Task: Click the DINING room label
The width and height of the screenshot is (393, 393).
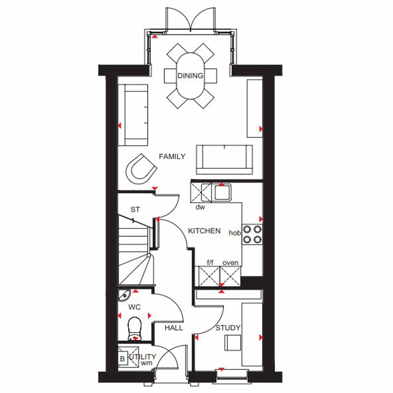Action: click(x=190, y=76)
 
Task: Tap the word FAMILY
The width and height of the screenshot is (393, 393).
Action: click(x=172, y=156)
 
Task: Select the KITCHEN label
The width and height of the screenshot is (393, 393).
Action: click(x=204, y=231)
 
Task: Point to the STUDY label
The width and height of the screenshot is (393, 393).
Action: click(x=228, y=328)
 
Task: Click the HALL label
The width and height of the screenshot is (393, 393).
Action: click(x=174, y=328)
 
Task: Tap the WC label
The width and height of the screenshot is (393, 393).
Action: click(x=134, y=307)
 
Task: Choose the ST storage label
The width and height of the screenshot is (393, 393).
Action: click(x=135, y=210)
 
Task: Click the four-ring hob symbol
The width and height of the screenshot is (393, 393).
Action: click(x=252, y=234)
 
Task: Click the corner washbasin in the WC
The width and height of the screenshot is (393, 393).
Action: click(x=124, y=295)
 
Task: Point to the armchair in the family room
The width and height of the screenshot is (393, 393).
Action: click(x=141, y=169)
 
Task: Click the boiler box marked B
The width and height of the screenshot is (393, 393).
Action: click(x=122, y=358)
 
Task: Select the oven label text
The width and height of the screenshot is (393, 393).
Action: click(x=230, y=263)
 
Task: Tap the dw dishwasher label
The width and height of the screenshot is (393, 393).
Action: click(x=200, y=207)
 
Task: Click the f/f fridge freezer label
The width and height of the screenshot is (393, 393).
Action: click(x=210, y=262)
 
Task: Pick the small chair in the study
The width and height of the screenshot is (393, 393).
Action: click(x=233, y=343)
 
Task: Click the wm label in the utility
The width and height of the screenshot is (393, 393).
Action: click(x=146, y=363)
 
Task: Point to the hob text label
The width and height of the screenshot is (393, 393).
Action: click(x=235, y=233)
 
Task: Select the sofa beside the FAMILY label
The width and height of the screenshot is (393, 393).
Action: click(x=224, y=160)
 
